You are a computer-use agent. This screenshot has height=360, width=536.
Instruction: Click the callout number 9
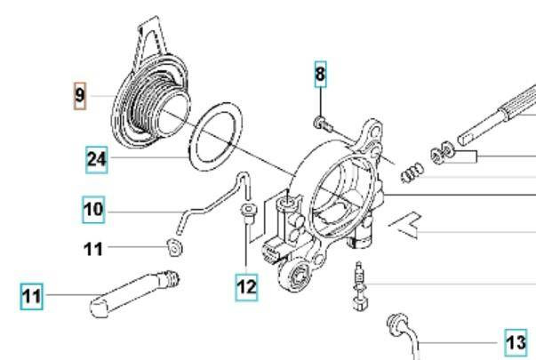80,96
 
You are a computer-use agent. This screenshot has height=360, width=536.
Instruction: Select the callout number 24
98,160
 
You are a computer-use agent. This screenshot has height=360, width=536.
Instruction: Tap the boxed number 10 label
93,211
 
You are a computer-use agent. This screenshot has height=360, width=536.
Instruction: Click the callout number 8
320,76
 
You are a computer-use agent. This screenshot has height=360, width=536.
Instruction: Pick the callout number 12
246,286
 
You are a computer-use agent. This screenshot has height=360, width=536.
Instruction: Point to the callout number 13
516,341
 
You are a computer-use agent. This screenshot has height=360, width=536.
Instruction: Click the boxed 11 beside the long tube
32,295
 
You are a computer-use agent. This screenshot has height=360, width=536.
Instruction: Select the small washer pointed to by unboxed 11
175,247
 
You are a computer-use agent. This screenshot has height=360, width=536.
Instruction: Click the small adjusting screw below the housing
359,284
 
